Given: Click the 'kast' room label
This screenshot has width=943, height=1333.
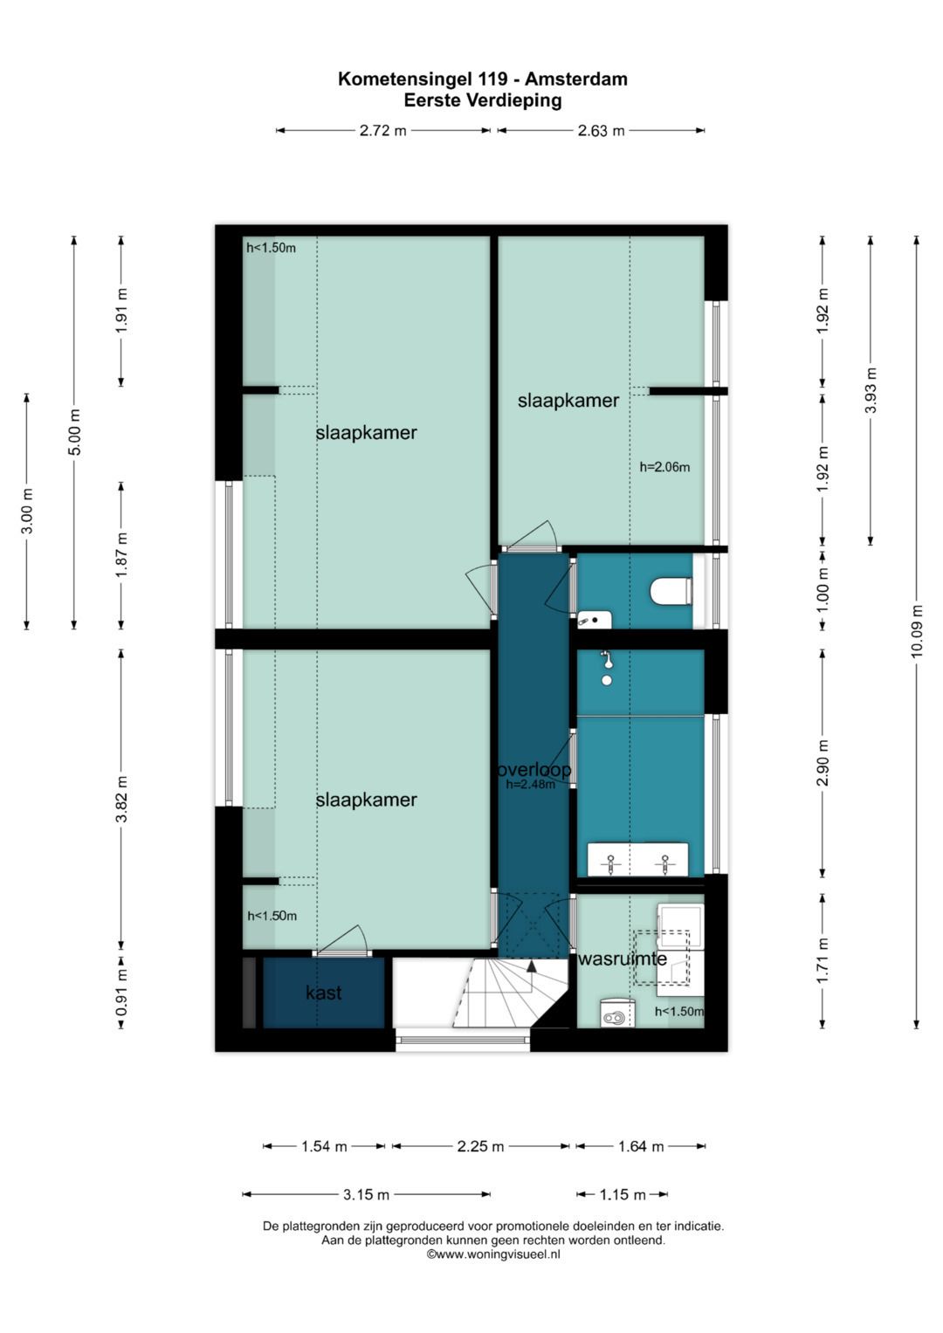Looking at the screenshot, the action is pos(323,992).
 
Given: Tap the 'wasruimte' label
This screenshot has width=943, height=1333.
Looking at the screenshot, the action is pos(622,959).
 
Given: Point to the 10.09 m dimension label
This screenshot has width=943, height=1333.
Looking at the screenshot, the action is pos(916,631).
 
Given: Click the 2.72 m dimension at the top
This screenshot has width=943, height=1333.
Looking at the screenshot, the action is pos(382,130).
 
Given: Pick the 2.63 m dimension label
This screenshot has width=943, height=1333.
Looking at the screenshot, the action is pos(601,130).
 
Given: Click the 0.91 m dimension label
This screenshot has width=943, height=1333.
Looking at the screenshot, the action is pos(121,993).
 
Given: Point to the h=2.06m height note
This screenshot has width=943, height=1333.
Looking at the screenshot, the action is pos(664,467).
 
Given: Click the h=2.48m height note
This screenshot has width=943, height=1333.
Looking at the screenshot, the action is pos(531,784).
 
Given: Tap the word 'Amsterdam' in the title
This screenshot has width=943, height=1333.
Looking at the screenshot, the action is pos(576,79).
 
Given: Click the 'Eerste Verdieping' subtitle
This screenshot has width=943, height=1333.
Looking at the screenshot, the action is pos(483,100).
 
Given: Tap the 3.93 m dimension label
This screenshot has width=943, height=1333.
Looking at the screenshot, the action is pos(871,390).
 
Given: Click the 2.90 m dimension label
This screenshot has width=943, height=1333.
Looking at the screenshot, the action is pos(823,763).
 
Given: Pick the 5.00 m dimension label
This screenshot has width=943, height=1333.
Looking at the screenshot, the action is pos(74,433).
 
